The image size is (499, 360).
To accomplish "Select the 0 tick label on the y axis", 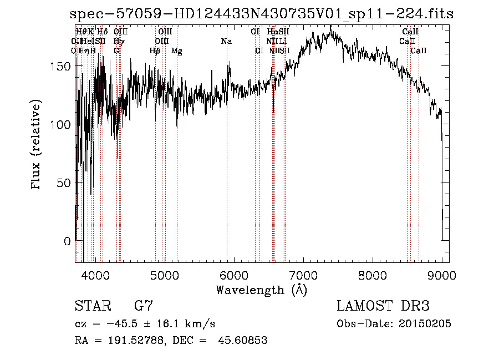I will coord(67,241).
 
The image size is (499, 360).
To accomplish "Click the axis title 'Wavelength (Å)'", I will coord(261,290).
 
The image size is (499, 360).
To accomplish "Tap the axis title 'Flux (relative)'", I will coord(37,145).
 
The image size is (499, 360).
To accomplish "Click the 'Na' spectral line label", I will coord(226,41).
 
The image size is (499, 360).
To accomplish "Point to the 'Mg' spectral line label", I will coord(177,51).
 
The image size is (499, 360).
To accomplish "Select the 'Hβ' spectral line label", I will coord(155,51).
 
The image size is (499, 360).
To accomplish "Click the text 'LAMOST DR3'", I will coord(383,306).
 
